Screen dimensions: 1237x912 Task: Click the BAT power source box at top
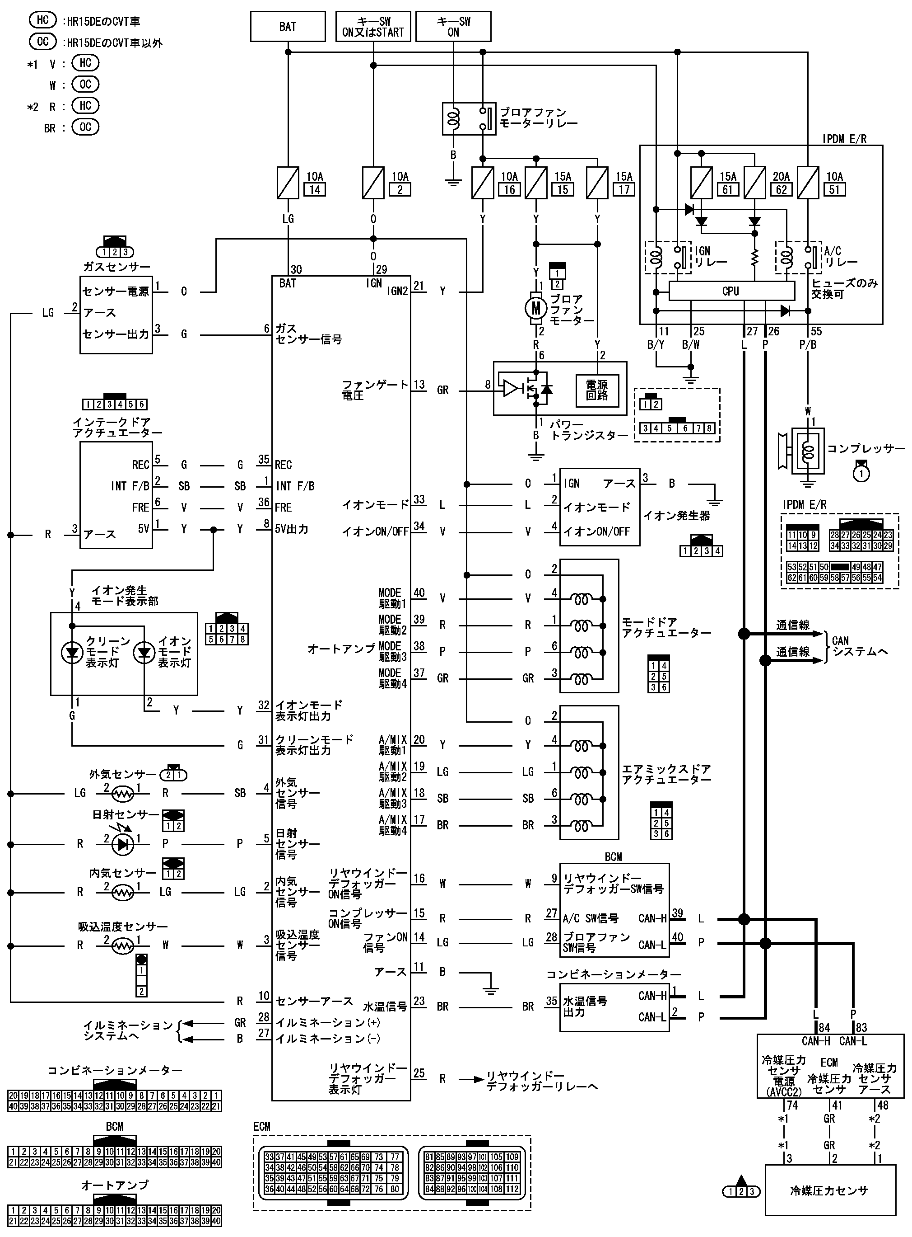[288, 27]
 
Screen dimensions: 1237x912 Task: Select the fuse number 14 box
[315, 189]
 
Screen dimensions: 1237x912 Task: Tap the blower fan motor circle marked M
[535, 309]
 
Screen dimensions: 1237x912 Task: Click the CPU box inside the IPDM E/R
[731, 291]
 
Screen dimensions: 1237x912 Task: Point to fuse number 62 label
[781, 189]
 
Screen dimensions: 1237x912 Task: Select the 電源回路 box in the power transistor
[597, 390]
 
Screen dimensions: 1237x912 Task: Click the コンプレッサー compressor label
[865, 449]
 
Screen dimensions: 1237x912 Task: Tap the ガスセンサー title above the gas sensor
[116, 267]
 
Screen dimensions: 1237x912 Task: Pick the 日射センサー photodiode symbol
[122, 844]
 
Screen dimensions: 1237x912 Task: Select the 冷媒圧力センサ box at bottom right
[829, 1190]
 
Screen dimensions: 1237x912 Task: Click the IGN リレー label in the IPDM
[711, 257]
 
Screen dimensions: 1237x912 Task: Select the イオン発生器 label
[677, 516]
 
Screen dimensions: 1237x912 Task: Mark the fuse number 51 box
[835, 189]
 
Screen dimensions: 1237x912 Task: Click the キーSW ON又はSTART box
[373, 27]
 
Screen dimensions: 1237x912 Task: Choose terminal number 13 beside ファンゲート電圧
[419, 385]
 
